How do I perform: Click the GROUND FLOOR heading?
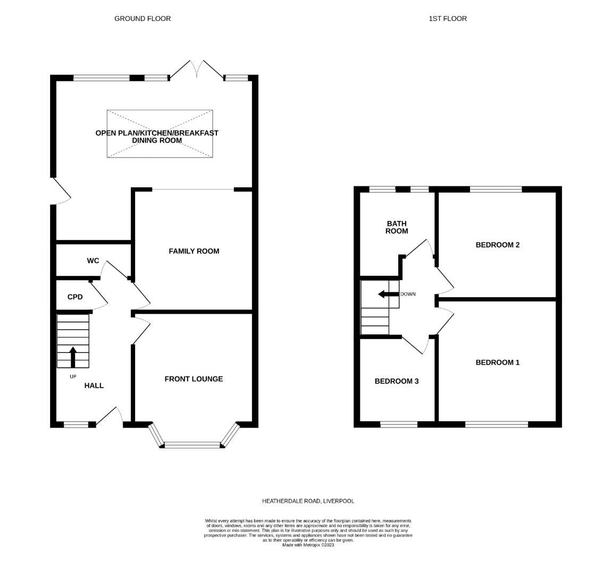coord(142,19)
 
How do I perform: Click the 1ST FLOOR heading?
coord(448,19)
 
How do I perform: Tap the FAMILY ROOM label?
coord(194,251)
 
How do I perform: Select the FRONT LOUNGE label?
coord(194,379)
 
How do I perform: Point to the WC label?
coord(93,261)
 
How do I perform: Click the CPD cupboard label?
coord(75,297)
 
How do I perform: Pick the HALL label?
coord(94,385)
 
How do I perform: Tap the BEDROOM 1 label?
coord(497,363)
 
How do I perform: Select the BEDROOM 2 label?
coord(497,245)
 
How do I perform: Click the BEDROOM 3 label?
coord(397,381)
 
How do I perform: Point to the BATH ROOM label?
coord(397,227)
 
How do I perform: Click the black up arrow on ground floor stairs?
coord(73,357)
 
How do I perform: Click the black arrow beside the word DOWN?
coord(388,294)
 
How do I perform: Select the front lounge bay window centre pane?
coord(192,445)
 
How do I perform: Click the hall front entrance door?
coord(114,416)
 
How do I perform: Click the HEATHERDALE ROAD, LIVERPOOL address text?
coord(308,501)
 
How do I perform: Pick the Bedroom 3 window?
coord(399,424)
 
